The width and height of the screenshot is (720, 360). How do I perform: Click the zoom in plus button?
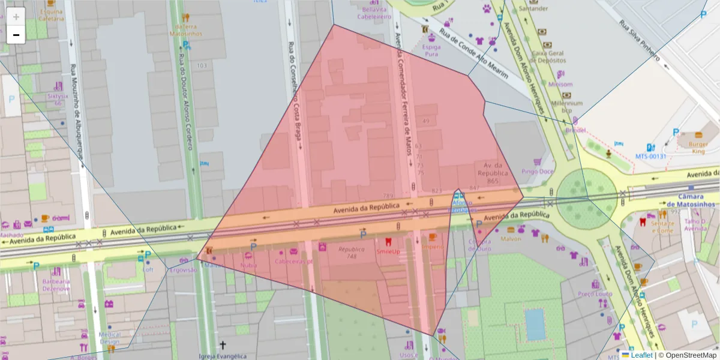(16, 17)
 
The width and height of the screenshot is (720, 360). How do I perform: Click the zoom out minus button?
(16, 35)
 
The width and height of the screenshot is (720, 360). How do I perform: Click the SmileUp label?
(388, 252)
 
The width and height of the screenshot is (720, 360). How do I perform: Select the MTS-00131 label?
(651, 157)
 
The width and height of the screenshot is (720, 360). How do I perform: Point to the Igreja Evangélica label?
(222, 356)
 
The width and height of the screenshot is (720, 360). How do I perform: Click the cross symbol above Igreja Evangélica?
(223, 345)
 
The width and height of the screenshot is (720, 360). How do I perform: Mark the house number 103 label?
(202, 65)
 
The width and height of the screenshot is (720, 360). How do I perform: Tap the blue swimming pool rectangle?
(535, 325)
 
